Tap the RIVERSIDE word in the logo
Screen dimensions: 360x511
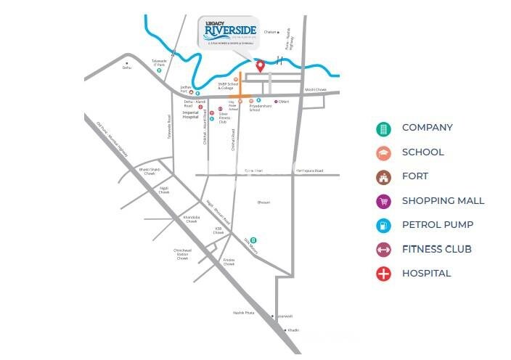click(227, 31)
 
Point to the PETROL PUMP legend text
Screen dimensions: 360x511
click(443, 225)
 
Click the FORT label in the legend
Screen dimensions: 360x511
click(415, 176)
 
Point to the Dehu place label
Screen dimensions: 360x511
click(127, 67)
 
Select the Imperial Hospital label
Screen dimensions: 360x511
click(190, 116)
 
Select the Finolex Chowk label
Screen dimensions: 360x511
click(229, 263)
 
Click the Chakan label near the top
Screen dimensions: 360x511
click(270, 32)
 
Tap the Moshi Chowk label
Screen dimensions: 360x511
click(317, 90)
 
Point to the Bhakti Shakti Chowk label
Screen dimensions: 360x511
click(147, 171)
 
